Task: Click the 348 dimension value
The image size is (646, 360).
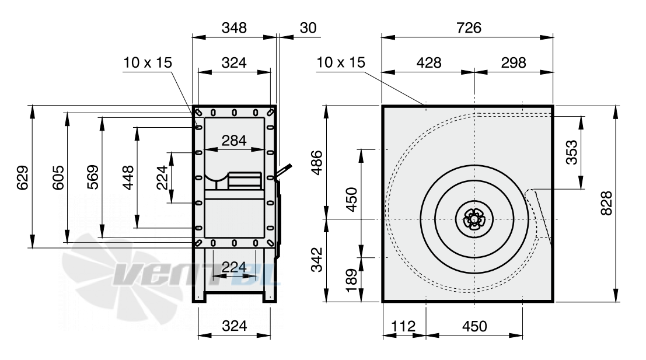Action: coord(234,27)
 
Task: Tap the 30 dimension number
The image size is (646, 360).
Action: coord(308,27)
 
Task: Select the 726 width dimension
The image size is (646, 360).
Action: coord(469,27)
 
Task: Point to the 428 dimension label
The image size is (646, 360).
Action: coord(429,62)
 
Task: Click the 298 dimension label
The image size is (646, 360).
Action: coord(514,62)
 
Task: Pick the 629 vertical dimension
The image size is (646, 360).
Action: coord(23,177)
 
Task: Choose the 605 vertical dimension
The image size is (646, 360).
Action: coord(58,177)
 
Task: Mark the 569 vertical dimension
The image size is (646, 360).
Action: coord(93,177)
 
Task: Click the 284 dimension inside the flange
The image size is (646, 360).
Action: coord(234,141)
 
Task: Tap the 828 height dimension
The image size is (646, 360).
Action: coord(606,203)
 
